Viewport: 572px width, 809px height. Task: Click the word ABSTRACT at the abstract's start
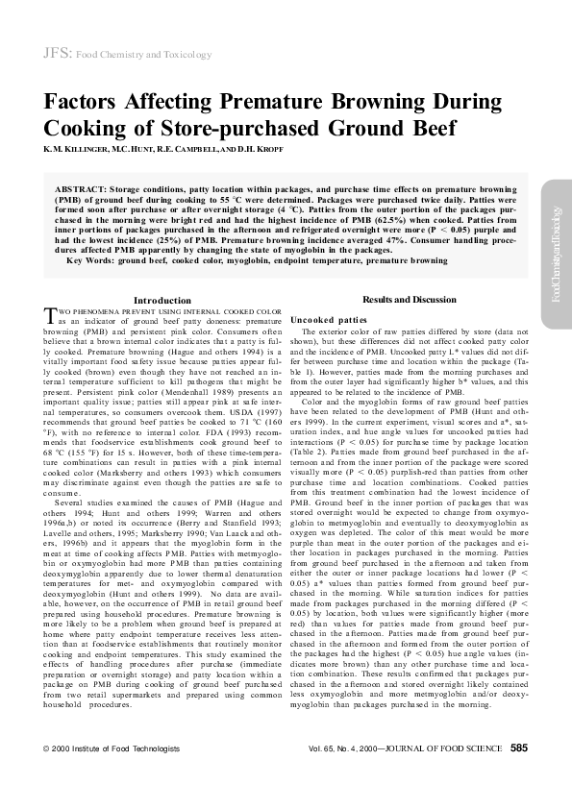[x=81, y=190]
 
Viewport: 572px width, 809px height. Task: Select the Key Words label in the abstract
[x=89, y=260]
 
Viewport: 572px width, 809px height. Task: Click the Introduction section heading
[x=162, y=301]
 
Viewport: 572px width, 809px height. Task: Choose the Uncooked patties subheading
[x=329, y=318]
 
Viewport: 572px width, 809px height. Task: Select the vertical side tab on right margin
[x=556, y=254]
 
